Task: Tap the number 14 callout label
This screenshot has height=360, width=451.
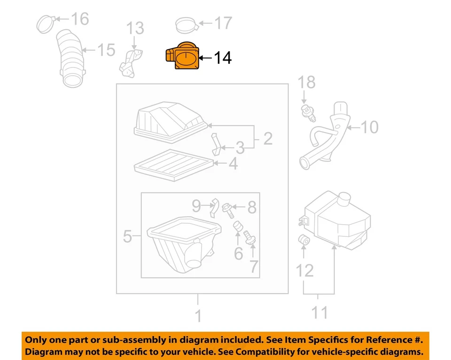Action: pos(223,58)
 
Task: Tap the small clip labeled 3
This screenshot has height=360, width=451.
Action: pos(217,144)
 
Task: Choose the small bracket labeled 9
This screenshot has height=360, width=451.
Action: pos(213,207)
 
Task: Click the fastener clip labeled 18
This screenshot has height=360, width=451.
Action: pos(306,111)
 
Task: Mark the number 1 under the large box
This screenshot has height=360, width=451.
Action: pos(198,315)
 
